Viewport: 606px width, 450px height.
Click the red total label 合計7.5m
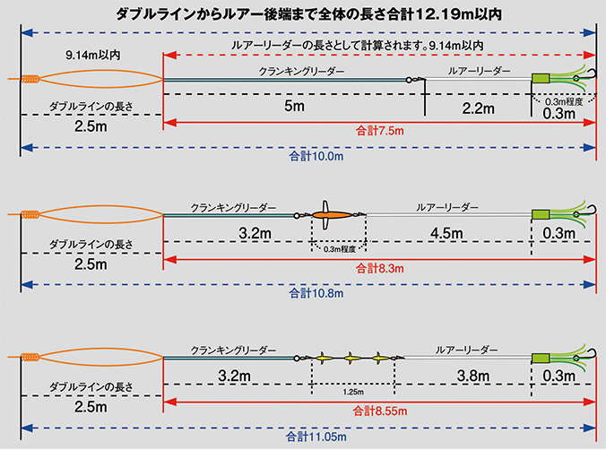[379, 131]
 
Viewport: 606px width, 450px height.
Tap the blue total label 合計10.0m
[316, 156]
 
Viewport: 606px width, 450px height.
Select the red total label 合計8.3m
[379, 268]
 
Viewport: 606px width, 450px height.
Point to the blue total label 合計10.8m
[316, 293]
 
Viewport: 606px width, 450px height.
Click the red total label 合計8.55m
[379, 411]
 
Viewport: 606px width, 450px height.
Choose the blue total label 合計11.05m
[316, 437]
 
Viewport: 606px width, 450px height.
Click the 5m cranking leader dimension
[294, 106]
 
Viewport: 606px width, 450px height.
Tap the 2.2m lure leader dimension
[478, 108]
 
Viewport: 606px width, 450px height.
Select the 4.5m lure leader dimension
[446, 233]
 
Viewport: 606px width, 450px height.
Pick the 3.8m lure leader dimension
[473, 376]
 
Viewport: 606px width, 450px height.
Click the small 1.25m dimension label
[353, 392]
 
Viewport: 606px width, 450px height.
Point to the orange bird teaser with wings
[332, 215]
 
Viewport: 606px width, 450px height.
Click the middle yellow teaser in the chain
[351, 359]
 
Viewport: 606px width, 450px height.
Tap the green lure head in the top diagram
[541, 79]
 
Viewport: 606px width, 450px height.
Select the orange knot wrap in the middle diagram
[30, 214]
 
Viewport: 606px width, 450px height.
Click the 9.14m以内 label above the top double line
[92, 56]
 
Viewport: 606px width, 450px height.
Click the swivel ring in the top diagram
[409, 80]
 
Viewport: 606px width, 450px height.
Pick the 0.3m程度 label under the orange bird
[340, 249]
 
